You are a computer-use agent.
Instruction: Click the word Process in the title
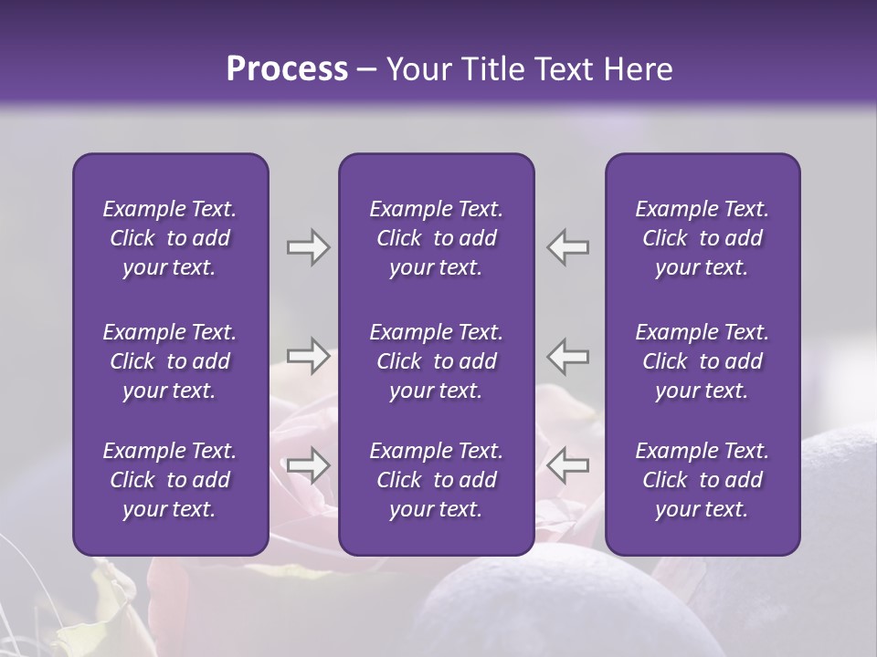(287, 69)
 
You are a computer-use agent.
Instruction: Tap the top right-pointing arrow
(308, 247)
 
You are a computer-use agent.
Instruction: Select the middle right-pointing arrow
(308, 356)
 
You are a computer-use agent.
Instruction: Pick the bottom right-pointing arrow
(308, 465)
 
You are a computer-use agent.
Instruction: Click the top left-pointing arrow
(567, 247)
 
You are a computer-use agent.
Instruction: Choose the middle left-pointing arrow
(567, 356)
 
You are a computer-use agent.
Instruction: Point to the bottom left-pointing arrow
(567, 465)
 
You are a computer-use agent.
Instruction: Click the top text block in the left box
(170, 238)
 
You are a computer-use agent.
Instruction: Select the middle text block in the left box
(170, 361)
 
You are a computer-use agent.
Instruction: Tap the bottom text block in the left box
(170, 480)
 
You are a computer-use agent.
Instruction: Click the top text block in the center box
(436, 238)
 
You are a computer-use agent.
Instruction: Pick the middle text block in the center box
(436, 361)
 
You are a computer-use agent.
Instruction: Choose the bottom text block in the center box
(436, 480)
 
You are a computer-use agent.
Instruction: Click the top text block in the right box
(702, 238)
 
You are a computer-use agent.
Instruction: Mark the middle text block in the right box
(702, 361)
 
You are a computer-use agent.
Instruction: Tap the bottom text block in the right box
(702, 480)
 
